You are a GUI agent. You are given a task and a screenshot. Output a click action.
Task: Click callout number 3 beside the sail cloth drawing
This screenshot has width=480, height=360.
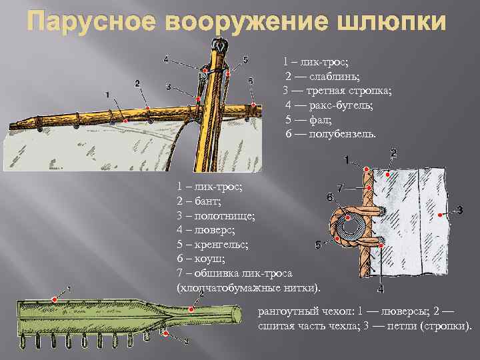click(459, 211)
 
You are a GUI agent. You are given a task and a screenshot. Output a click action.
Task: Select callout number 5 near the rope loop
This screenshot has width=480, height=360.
click(318, 245)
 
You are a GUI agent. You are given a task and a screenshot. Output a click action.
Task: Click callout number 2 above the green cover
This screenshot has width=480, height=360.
click(201, 294)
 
